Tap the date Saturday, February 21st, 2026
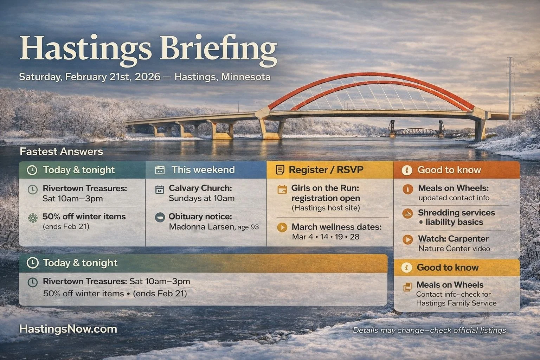pos(90,77)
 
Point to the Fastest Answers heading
pos(61,152)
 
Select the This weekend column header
pos(203,170)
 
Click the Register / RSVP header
pos(326,170)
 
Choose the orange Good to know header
pos(449,170)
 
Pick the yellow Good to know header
pos(448,268)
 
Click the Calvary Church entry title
pos(200,188)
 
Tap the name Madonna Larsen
pos(201,227)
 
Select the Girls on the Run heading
pos(325,188)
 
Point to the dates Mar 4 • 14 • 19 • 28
pos(326,237)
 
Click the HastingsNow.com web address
pos(68,329)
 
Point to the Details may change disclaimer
pos(430,330)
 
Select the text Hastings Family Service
pos(456,303)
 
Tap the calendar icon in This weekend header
pos(160,170)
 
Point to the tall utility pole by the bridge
pos(509,88)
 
